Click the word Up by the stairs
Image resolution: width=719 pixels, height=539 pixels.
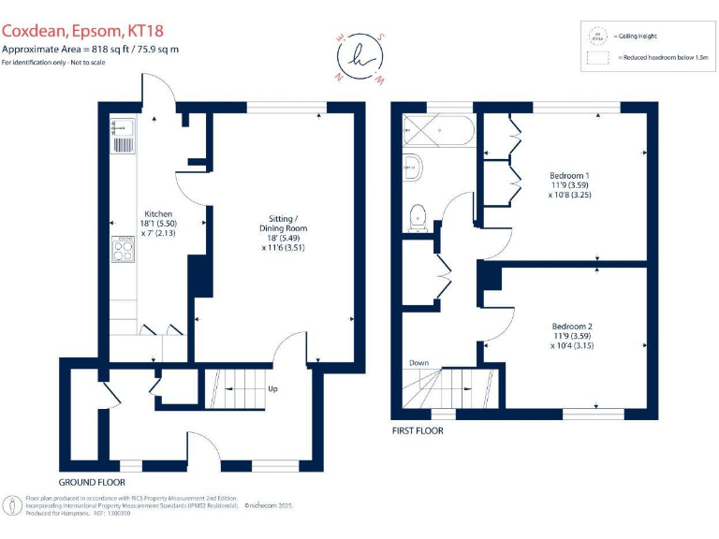[x=272, y=389]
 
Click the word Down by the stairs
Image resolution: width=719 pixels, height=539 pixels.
[x=418, y=363]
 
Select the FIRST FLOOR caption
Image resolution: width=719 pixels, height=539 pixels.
[x=418, y=431]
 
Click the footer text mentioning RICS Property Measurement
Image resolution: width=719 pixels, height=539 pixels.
[x=131, y=499]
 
